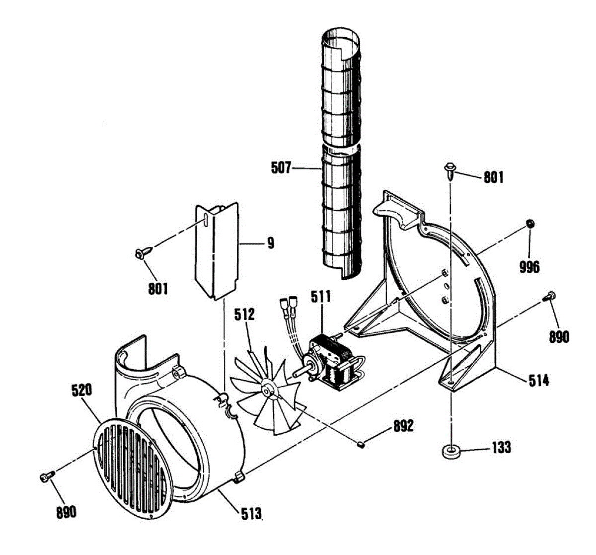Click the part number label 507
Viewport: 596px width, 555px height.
281,168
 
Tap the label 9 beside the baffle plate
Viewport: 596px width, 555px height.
270,243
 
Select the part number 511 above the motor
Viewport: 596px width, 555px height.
321,297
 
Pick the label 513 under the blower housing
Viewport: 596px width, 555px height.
251,513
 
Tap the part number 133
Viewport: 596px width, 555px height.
501,447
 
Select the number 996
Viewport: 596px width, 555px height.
529,267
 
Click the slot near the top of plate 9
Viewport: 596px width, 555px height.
205,221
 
